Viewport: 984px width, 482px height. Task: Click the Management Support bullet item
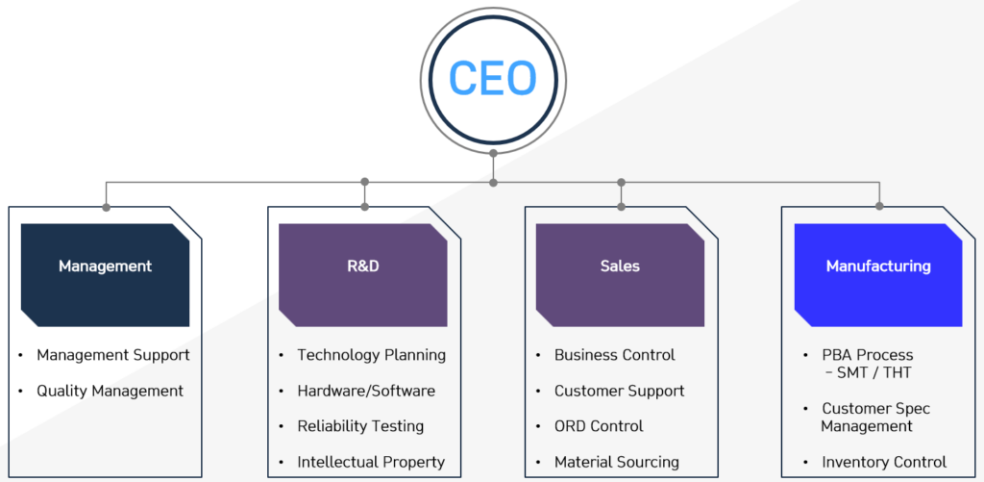113,355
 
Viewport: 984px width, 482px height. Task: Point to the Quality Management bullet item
110,391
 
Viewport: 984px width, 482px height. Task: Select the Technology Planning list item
371,355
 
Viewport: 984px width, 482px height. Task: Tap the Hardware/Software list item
366,391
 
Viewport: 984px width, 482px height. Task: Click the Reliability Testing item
360,426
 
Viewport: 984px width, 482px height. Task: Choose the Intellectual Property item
371,462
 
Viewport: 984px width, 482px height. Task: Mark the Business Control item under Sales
614,355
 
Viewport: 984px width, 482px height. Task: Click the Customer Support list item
619,391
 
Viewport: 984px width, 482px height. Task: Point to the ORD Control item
599,426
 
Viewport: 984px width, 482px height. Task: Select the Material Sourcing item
616,462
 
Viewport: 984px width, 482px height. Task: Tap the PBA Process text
867,355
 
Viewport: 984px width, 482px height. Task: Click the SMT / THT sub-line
873,372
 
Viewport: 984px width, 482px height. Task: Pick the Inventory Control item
883,462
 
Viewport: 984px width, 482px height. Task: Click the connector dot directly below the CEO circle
493,152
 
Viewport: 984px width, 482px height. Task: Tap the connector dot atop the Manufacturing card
879,206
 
